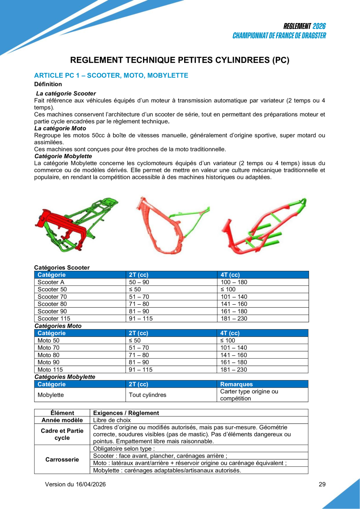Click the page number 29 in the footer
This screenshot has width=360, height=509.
coord(322,484)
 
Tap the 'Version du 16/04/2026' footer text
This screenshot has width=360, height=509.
coord(75,484)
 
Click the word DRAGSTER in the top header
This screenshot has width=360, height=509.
coord(309,36)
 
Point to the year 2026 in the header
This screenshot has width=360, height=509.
coord(319,26)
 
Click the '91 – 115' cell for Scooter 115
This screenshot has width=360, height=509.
coord(141,319)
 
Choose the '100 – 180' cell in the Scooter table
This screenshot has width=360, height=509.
coord(234,282)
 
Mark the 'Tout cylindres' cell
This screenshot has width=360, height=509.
coord(148,395)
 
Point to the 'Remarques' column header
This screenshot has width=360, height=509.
coord(237,384)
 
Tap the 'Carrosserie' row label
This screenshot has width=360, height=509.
coord(62,459)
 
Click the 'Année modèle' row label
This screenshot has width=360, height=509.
coord(62,420)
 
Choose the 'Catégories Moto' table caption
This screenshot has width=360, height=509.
coord(58,326)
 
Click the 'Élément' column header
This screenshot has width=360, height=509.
coord(62,413)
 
